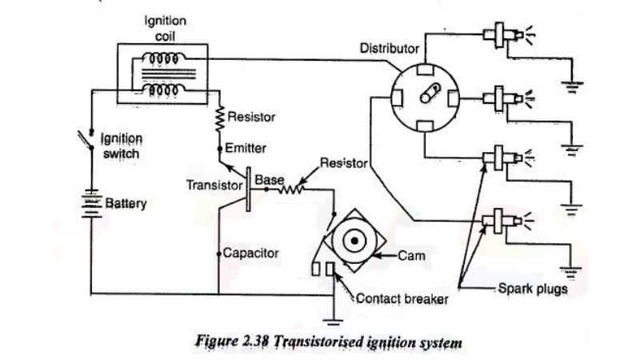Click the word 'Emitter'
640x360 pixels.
pos(246,149)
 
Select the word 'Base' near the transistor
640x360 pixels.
pos(264,181)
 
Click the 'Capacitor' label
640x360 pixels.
pos(250,253)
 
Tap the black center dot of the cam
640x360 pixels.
pos(353,239)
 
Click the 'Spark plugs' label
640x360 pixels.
pos(532,288)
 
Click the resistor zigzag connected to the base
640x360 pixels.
pos(288,190)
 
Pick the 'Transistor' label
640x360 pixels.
pos(214,185)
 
